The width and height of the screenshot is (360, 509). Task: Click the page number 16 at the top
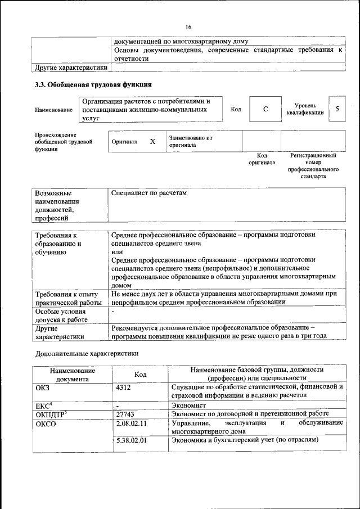(x=188, y=27)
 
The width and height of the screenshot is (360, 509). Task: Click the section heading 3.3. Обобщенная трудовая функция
(x=93, y=85)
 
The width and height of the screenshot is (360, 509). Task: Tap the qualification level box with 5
(x=337, y=109)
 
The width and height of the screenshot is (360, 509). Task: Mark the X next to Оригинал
(x=152, y=142)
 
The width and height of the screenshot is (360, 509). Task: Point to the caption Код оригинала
(x=262, y=159)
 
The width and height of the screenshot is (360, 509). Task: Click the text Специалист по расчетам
(x=148, y=193)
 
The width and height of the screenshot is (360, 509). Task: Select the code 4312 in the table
(x=123, y=388)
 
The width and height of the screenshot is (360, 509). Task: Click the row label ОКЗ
(x=43, y=388)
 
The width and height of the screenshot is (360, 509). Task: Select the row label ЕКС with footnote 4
(x=43, y=404)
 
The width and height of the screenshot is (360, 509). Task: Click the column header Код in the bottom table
(x=140, y=374)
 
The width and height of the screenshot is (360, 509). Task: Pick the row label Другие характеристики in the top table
(x=70, y=67)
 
